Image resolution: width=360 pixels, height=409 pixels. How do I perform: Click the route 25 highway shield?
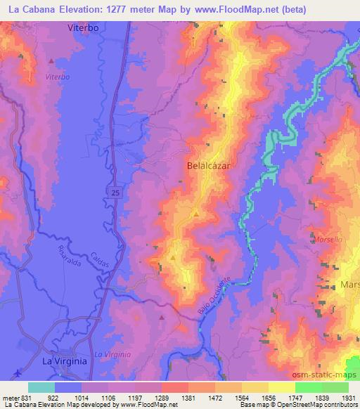click(x=115, y=190)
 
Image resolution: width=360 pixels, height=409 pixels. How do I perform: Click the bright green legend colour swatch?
click(x=309, y=387)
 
